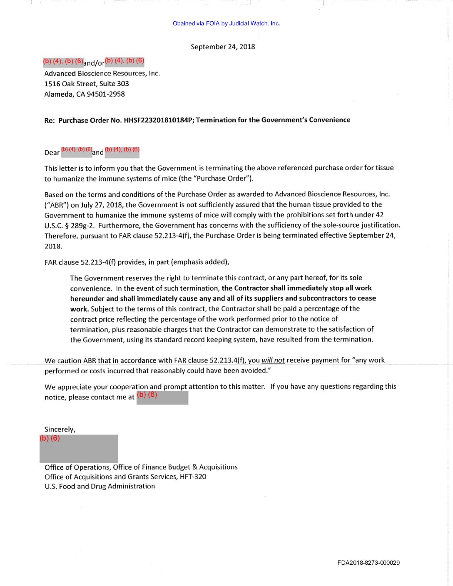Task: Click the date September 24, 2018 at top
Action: [223, 47]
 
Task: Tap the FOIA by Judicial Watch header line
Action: [226, 23]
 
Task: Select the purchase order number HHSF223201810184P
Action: [159, 120]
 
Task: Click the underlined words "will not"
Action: [273, 360]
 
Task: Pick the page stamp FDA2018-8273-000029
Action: [368, 563]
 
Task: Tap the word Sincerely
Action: [60, 429]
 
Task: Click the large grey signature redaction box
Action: [79, 449]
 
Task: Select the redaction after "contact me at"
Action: [162, 397]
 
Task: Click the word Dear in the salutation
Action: [52, 153]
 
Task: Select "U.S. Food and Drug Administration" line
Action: [100, 486]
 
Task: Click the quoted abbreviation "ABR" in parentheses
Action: [56, 205]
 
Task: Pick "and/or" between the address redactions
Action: [94, 63]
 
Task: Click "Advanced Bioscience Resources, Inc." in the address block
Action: [102, 73]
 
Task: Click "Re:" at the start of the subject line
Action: [49, 120]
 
